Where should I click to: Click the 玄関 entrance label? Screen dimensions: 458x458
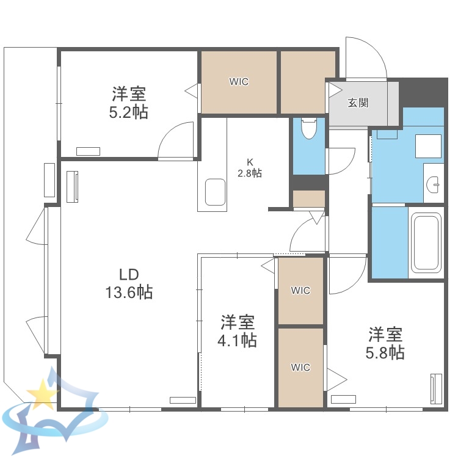pyautogui.click(x=358, y=103)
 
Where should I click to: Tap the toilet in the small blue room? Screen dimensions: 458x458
pyautogui.click(x=309, y=129)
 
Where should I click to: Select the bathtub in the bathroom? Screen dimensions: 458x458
pyautogui.click(x=426, y=242)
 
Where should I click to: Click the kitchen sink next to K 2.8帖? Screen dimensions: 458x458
pyautogui.click(x=216, y=192)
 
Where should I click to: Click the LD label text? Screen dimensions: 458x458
pyautogui.click(x=129, y=273)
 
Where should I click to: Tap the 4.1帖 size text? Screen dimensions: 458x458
pyautogui.click(x=238, y=340)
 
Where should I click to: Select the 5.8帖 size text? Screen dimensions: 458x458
pyautogui.click(x=385, y=352)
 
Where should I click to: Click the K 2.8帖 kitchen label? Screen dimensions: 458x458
pyautogui.click(x=250, y=168)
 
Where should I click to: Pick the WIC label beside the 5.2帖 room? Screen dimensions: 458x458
pyautogui.click(x=239, y=82)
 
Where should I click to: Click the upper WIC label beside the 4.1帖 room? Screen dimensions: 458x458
pyautogui.click(x=300, y=291)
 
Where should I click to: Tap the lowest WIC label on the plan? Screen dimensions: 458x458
pyautogui.click(x=300, y=367)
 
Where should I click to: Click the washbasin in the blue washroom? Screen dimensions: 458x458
pyautogui.click(x=434, y=183)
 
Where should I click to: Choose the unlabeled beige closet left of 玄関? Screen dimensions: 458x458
pyautogui.click(x=308, y=82)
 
